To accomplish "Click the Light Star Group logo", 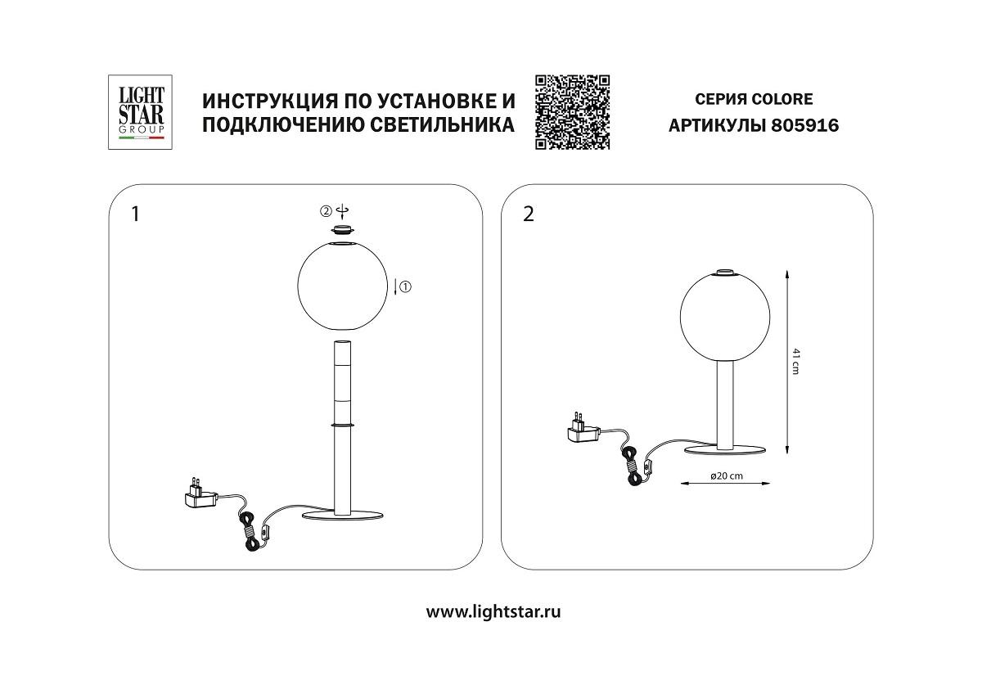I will (x=141, y=112).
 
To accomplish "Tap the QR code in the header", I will (x=573, y=112).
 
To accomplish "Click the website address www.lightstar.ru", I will (x=493, y=611).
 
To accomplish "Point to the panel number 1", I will (x=135, y=214).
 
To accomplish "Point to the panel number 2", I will (x=528, y=214).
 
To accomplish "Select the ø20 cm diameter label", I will (x=726, y=475).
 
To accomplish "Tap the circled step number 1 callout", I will (x=406, y=286).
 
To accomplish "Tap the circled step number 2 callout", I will (x=326, y=211).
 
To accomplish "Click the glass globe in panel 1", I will (x=343, y=286).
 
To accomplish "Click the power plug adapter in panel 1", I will (x=200, y=493).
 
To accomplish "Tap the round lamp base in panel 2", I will (x=723, y=449).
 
